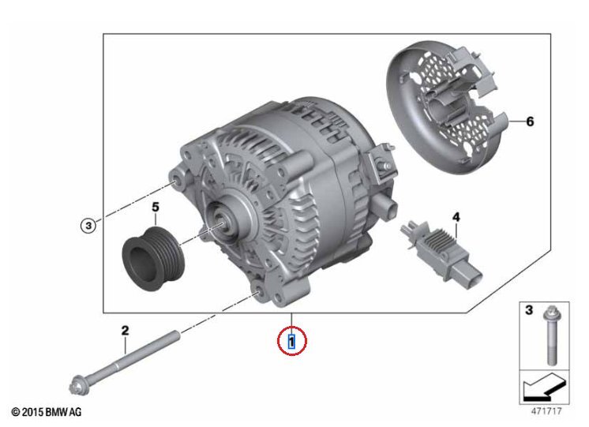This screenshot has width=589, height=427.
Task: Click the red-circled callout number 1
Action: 291,342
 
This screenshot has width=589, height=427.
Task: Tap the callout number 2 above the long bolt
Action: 125,331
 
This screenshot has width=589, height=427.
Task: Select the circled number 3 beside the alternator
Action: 88,226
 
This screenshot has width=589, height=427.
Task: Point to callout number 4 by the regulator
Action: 456,217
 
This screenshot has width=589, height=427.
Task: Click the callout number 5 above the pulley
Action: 156,207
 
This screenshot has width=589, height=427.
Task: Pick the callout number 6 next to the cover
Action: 530,122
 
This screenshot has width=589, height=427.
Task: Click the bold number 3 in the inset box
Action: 528,310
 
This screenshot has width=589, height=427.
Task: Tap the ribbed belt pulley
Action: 154,258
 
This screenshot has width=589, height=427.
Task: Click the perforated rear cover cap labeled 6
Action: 447,107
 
